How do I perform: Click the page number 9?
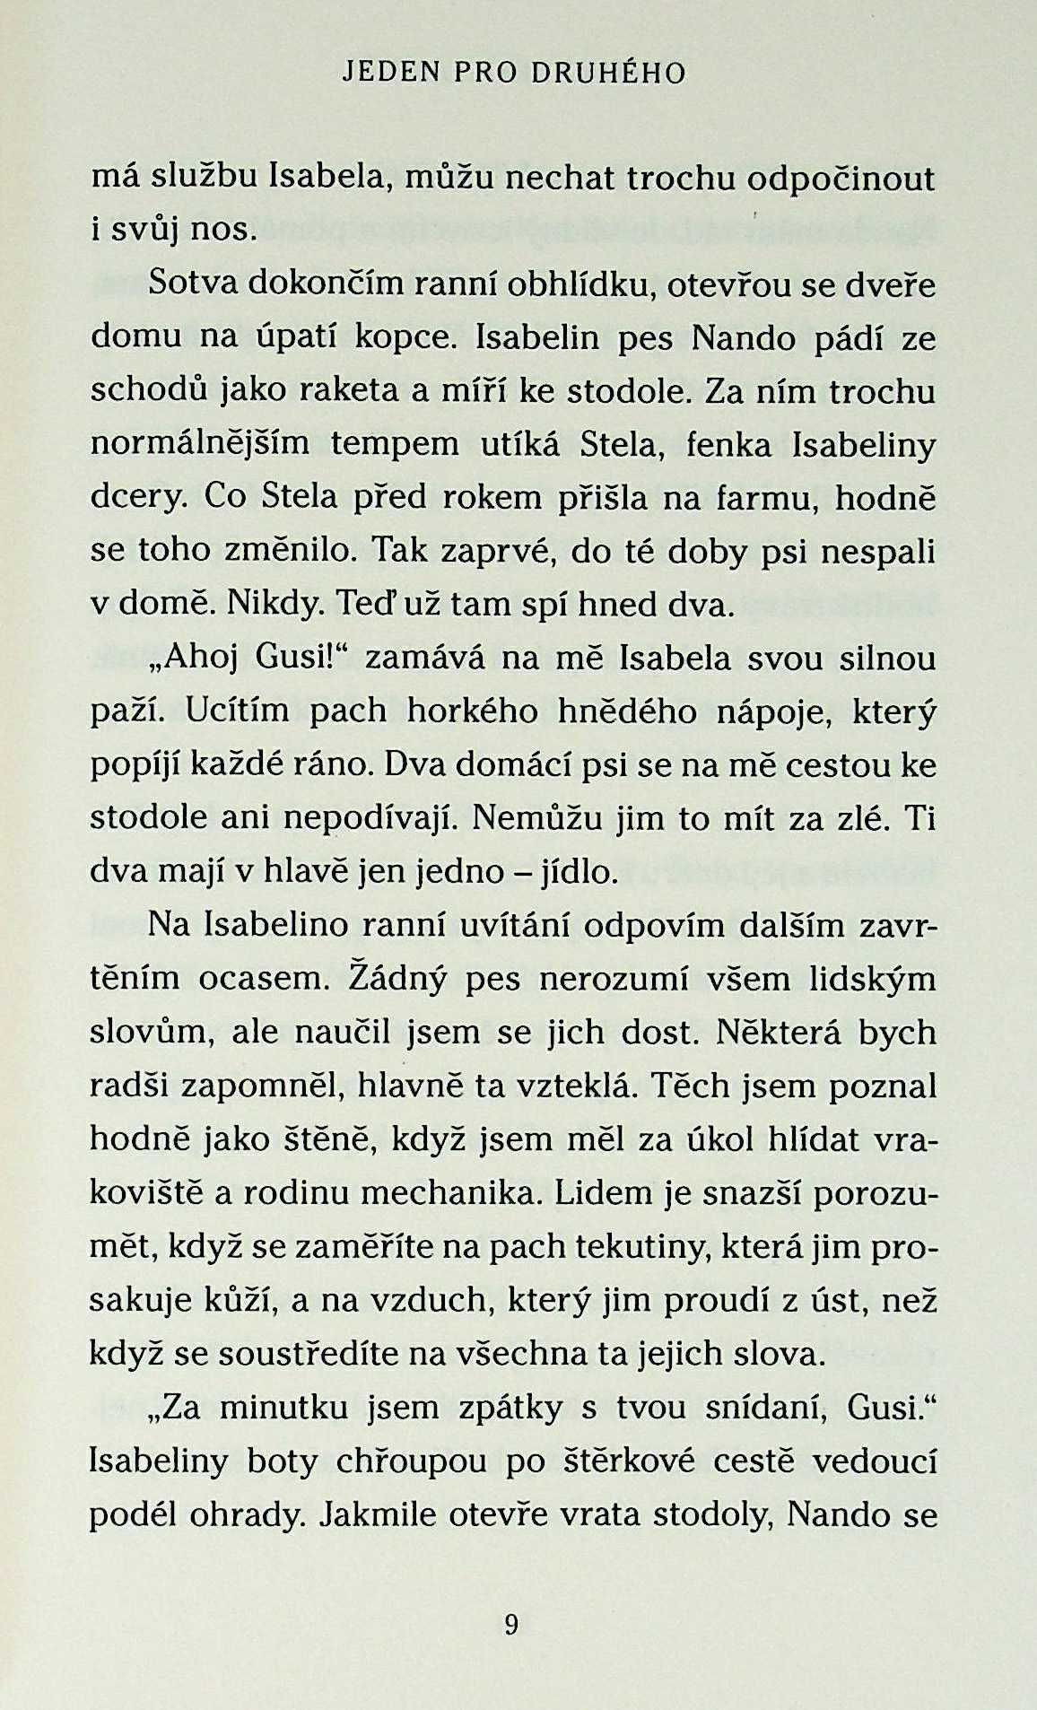pos(512,1623)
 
